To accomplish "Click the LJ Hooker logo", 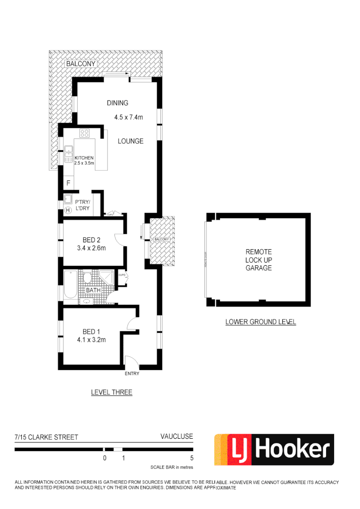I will (x=274, y=450).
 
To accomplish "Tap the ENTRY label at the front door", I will (x=132, y=374).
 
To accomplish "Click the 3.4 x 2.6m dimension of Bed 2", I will (x=91, y=248).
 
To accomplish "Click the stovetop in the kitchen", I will (x=85, y=133).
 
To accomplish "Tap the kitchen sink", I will (x=68, y=151).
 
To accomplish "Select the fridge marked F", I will (x=68, y=182).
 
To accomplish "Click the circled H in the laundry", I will (x=68, y=210).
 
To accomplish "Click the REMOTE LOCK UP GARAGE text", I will (x=258, y=260).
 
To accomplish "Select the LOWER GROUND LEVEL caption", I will (x=260, y=322).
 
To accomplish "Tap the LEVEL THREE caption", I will (x=112, y=392).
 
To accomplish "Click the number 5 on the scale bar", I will (x=192, y=458).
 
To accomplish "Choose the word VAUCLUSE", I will (x=177, y=436).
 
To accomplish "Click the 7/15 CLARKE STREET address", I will (x=46, y=437).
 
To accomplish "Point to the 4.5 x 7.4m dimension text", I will (x=128, y=117).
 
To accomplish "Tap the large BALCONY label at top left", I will (x=81, y=64).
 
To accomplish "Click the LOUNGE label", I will (x=131, y=141).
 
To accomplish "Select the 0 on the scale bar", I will (x=105, y=458).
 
